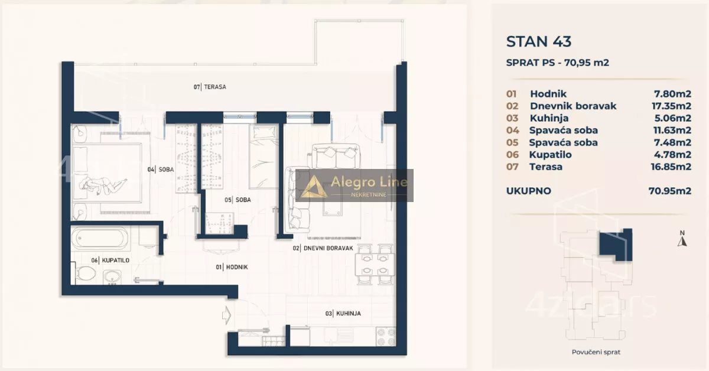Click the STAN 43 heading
point(539,41)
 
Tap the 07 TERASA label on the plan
point(210,87)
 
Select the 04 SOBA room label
point(161,170)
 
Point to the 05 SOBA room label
point(238,200)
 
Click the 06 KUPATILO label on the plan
point(110,261)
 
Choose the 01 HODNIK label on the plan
point(232,267)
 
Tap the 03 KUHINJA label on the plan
point(343,313)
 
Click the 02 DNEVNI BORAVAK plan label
point(323,248)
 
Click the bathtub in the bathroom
point(100,238)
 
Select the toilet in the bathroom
point(85,273)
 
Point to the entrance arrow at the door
point(227,315)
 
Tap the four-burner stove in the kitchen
point(386,337)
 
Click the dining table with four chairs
point(375,265)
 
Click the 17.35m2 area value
point(671,106)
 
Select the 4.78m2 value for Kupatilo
point(672,155)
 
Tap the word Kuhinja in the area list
point(549,118)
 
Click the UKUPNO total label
point(529,191)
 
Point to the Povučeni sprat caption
point(596,352)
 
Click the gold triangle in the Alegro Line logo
point(314,187)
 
